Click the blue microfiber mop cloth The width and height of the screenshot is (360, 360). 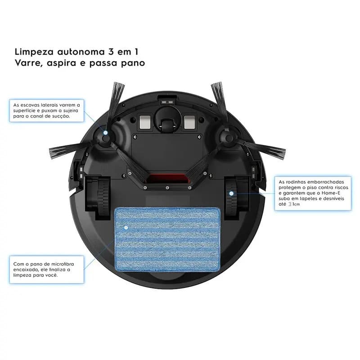pos(167,239)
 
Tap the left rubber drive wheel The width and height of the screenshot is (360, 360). pos(104,197)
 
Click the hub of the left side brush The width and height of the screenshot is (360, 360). pos(105,137)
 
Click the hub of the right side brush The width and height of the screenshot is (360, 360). pos(229,137)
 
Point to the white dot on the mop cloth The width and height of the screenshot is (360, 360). pos(126,228)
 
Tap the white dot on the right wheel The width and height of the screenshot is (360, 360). pos(231,193)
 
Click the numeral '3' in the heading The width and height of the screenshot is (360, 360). pos(111,52)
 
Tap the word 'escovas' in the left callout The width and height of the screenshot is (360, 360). pos(30,105)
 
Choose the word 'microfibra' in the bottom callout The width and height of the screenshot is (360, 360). pos(63,264)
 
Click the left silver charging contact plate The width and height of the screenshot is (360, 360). pos(145,121)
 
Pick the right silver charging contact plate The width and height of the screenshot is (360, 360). pos(189,121)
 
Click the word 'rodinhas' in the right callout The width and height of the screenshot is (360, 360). pos(297,182)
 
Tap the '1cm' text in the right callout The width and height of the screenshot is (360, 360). pos(296,204)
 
